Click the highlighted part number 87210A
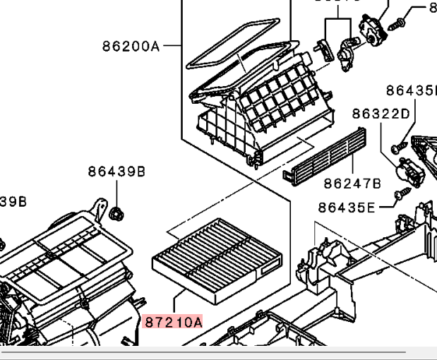173,323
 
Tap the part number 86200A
131,47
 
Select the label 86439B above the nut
116,172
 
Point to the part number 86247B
352,184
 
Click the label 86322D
381,114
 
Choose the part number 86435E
347,207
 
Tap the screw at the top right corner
398,24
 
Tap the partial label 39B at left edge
13,202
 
